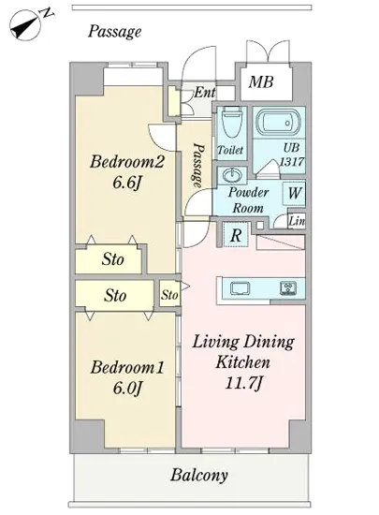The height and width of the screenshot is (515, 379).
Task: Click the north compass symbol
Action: pos(29,24)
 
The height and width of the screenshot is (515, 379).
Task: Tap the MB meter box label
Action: pos(261,81)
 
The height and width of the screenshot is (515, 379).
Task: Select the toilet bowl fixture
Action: pos(233,122)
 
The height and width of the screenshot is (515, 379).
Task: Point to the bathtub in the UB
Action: pos(278,123)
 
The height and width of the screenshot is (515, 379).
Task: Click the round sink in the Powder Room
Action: pos(233,175)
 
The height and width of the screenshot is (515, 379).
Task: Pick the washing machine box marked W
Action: pos(294,193)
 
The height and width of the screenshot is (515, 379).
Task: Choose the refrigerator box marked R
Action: pos(236,235)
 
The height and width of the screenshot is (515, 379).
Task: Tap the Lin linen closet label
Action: pos(297,221)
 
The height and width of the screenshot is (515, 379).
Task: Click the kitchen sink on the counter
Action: pos(240,288)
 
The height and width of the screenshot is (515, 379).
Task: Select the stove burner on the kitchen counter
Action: pos(288,288)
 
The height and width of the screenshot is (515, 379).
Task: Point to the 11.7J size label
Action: pos(244,383)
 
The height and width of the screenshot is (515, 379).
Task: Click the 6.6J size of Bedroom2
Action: pos(126,183)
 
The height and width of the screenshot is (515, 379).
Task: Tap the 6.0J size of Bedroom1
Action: pos(127,389)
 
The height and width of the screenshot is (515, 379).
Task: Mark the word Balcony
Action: pos(198,475)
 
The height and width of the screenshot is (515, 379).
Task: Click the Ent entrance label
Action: pos(205,93)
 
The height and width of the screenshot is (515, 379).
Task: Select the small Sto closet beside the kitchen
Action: pos(169,294)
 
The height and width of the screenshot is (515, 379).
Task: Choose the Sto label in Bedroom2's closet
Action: pos(112,259)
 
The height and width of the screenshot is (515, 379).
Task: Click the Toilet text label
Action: pos(230,150)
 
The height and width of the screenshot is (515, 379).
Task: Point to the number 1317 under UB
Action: pos(292,162)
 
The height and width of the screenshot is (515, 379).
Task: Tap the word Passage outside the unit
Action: pos(114,32)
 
